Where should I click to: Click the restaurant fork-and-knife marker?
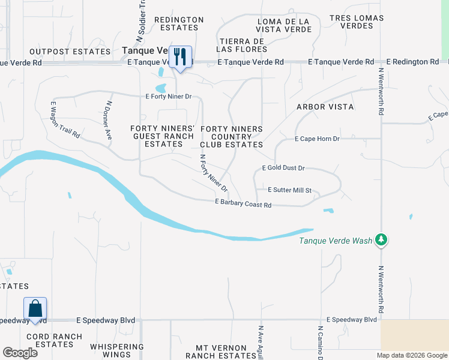[180, 57]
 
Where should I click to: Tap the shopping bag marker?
[35, 308]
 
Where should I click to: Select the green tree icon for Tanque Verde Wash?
[381, 240]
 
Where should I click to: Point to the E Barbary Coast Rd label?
[243, 205]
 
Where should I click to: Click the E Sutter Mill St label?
[289, 190]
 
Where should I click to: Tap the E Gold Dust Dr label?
[283, 169]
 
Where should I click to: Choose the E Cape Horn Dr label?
[317, 139]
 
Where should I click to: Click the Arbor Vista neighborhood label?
[325, 107]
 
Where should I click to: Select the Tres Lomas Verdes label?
[356, 22]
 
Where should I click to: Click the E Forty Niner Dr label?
[168, 96]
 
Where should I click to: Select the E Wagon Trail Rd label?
[57, 120]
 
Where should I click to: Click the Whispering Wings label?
[117, 351]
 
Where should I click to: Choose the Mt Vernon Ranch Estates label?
[221, 352]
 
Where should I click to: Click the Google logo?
[20, 353]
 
